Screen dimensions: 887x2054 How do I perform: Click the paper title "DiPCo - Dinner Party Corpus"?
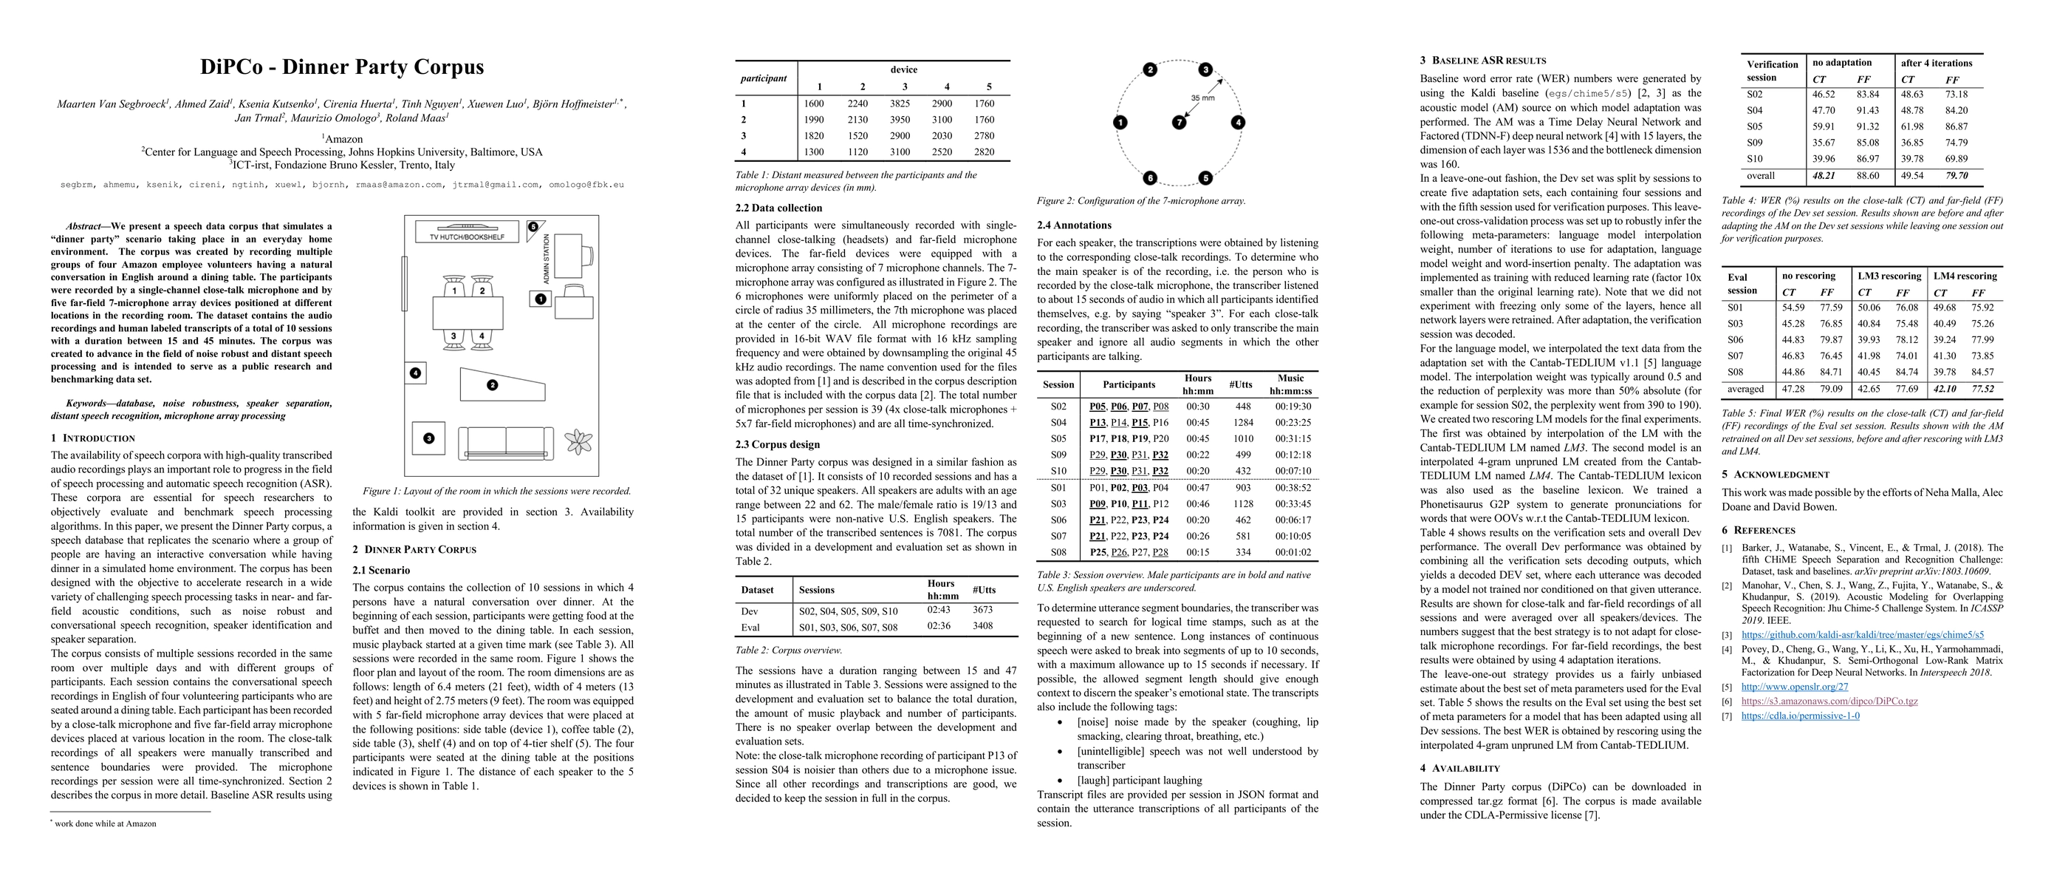pyautogui.click(x=342, y=67)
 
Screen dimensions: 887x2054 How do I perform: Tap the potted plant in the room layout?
pyautogui.click(x=578, y=441)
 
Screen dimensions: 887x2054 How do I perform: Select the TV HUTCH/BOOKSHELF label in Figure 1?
pyautogui.click(x=467, y=237)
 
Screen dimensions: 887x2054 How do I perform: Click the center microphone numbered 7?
pyautogui.click(x=1180, y=122)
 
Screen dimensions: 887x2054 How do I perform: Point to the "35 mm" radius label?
pyautogui.click(x=1202, y=98)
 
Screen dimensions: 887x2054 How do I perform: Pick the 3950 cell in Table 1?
pyautogui.click(x=904, y=120)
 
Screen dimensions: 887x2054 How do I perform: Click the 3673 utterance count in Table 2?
pyautogui.click(x=982, y=609)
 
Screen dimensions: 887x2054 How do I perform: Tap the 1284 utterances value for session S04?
pyautogui.click(x=1242, y=422)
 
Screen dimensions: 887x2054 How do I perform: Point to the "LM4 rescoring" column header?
pyautogui.click(x=1965, y=276)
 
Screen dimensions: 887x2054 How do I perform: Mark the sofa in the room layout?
pyautogui.click(x=507, y=442)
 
